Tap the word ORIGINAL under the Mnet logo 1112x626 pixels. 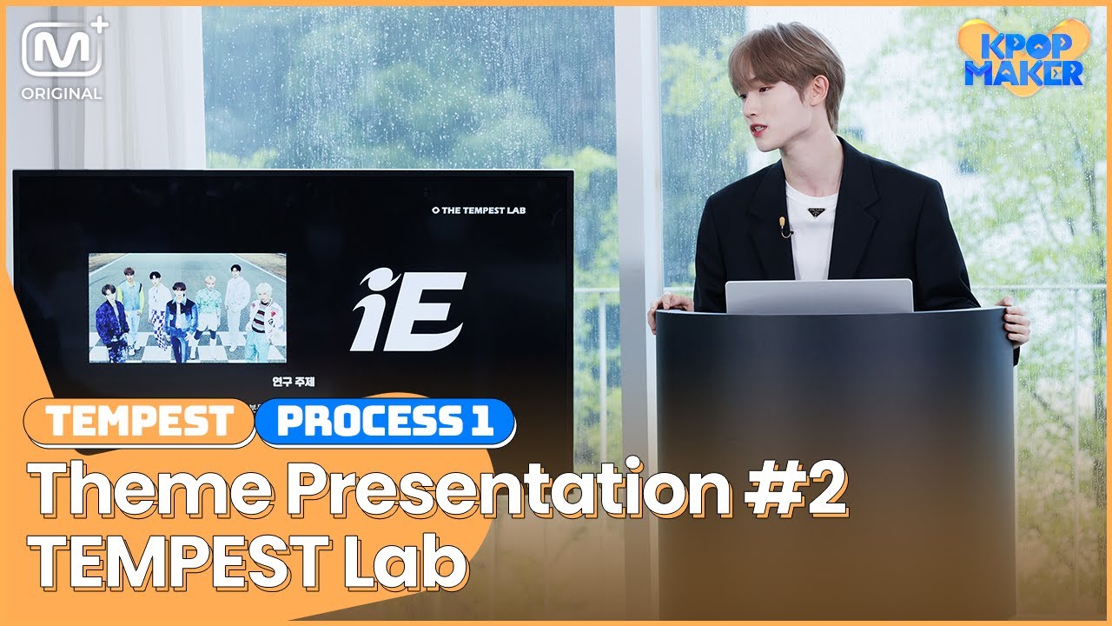point(62,93)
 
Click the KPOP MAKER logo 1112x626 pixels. point(1023,57)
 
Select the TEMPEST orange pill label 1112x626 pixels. point(139,422)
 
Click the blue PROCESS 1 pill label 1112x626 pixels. point(385,422)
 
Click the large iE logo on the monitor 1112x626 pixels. point(408,310)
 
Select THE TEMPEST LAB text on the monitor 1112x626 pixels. point(479,210)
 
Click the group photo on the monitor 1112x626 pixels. point(187,308)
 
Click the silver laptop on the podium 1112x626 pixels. point(818,296)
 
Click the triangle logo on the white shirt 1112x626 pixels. point(817,211)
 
